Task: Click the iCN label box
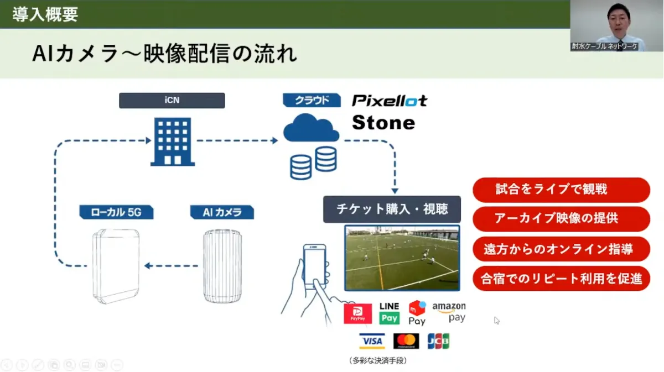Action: pyautogui.click(x=172, y=101)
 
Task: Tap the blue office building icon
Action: pyautogui.click(x=173, y=143)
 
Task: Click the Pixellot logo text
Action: pyautogui.click(x=390, y=101)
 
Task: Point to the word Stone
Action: pyautogui.click(x=383, y=122)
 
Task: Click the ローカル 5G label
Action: pyautogui.click(x=116, y=212)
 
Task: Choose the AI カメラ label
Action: pyautogui.click(x=222, y=212)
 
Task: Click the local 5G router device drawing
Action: pyautogui.click(x=116, y=266)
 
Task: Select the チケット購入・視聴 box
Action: pyautogui.click(x=392, y=209)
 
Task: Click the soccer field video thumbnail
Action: pyautogui.click(x=402, y=258)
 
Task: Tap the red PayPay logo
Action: pyautogui.click(x=357, y=313)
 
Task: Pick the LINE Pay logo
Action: pyautogui.click(x=390, y=313)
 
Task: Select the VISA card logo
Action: pyautogui.click(x=372, y=341)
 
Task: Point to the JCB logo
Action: pyautogui.click(x=438, y=341)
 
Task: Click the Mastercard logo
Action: pyautogui.click(x=406, y=341)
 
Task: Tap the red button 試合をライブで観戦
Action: pyautogui.click(x=561, y=190)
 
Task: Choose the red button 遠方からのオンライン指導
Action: pyautogui.click(x=561, y=249)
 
